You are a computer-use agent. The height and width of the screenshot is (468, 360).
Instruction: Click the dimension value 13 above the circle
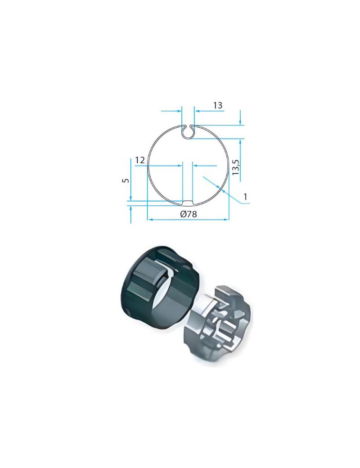click(x=218, y=105)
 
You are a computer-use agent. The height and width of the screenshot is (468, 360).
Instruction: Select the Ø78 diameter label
click(x=189, y=214)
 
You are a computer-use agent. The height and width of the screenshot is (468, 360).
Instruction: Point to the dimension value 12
click(x=139, y=160)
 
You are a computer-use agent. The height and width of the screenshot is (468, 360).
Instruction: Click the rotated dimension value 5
click(x=126, y=180)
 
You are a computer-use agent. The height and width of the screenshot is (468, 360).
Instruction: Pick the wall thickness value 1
click(x=245, y=197)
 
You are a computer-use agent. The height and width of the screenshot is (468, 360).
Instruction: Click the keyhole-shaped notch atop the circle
click(x=188, y=131)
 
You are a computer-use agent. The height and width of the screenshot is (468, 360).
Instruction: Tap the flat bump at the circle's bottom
click(x=187, y=202)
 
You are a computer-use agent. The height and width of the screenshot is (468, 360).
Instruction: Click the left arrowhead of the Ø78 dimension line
click(x=150, y=220)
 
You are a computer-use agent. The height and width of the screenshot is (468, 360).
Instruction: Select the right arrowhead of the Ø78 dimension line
click(x=226, y=220)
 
